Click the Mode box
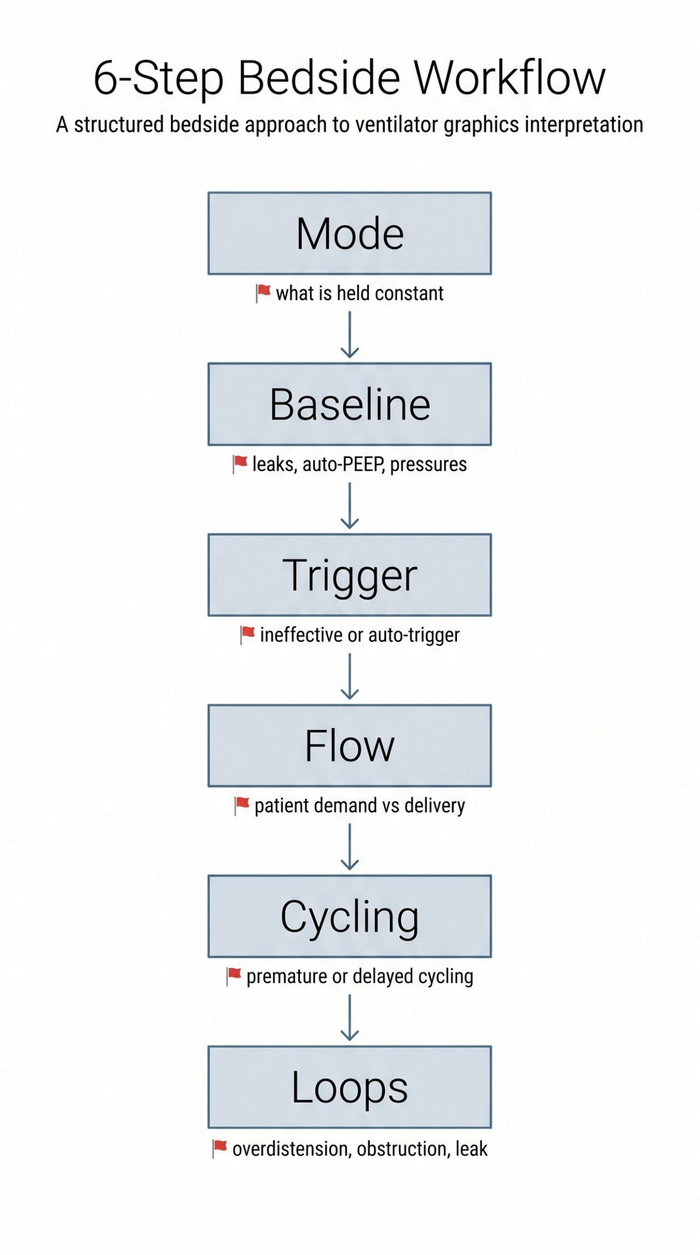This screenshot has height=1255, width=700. [350, 233]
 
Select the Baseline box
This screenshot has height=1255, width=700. [350, 404]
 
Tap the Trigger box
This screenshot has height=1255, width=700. [350, 575]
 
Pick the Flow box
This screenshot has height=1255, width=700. [350, 746]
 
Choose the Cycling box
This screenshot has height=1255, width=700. [350, 917]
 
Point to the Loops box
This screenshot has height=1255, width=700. [350, 1087]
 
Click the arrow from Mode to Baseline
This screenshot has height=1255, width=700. [350, 335]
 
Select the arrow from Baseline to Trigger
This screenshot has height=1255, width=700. [350, 506]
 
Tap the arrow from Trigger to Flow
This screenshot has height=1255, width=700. [350, 677]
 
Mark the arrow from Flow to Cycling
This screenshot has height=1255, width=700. [350, 847]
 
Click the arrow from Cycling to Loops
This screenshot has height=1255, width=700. [350, 1018]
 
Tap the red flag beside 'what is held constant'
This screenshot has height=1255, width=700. [263, 293]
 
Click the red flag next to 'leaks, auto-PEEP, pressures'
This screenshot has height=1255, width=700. [239, 464]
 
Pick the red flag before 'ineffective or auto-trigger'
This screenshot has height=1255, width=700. [248, 635]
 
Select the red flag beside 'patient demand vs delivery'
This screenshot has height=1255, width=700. [242, 806]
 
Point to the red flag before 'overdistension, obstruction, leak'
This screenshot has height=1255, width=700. [220, 1149]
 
